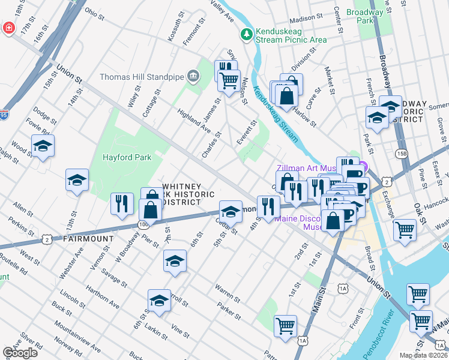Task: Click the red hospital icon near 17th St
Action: click(8, 28)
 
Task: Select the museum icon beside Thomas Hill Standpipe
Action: click(193, 76)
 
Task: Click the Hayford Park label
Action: click(127, 157)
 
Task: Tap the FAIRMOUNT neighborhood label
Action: click(88, 238)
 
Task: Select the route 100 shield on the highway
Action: click(143, 224)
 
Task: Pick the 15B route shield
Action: click(402, 154)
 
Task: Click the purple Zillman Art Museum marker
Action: click(363, 169)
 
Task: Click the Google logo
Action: click(20, 352)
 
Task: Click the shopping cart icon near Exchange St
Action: click(405, 229)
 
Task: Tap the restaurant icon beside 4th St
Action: click(267, 206)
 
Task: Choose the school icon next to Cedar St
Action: click(230, 211)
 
